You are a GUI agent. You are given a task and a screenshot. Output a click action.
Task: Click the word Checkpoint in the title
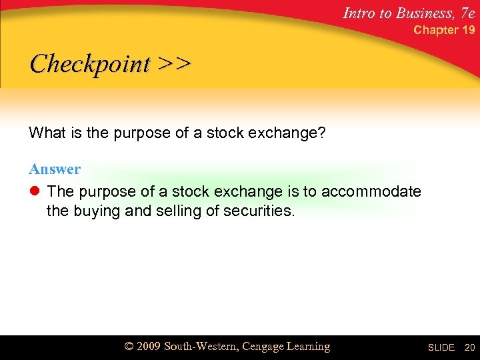[x=90, y=64]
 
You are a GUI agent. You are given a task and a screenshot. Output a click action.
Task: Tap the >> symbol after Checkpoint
[x=174, y=64]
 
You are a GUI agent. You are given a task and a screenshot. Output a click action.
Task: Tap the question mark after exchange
[x=322, y=133]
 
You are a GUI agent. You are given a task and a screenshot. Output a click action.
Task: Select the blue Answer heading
[x=55, y=169]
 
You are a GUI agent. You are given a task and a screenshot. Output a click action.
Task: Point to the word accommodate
[x=371, y=192]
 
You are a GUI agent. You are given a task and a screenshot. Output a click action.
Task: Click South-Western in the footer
[x=201, y=347]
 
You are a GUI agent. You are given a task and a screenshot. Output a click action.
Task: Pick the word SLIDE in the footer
[x=441, y=348]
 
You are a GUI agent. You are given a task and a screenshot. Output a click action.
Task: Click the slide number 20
[x=469, y=348]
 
